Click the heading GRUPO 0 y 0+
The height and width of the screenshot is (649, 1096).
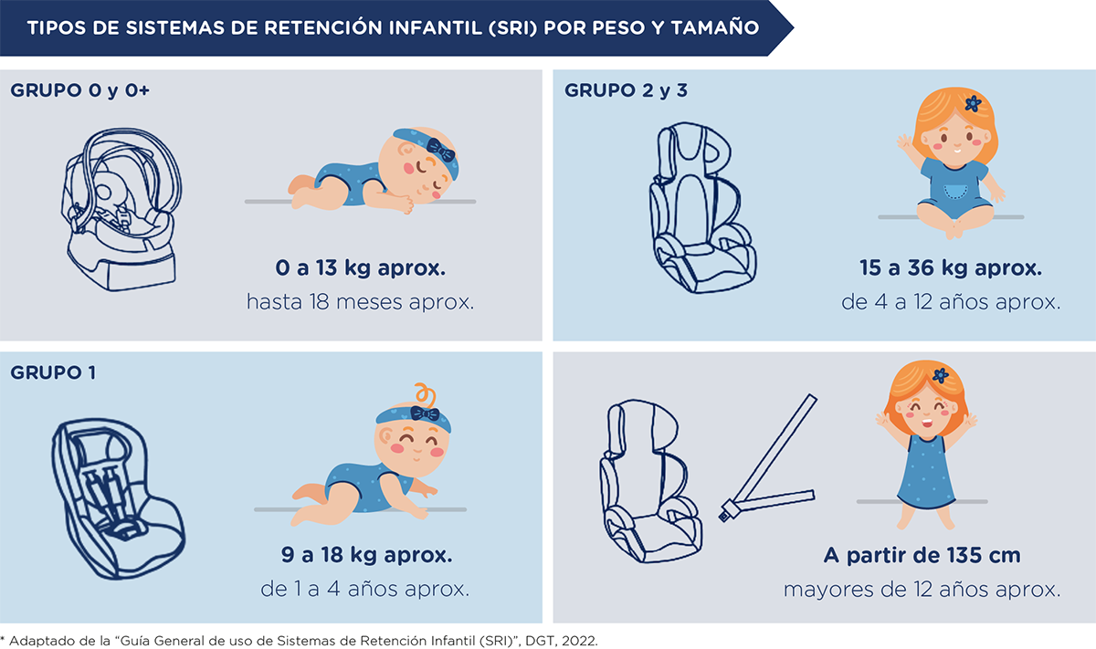click(x=79, y=90)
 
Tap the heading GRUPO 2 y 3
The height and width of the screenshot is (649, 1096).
click(x=626, y=90)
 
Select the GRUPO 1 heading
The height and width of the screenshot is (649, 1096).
click(x=53, y=372)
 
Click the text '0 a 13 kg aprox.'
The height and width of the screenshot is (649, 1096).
click(x=360, y=268)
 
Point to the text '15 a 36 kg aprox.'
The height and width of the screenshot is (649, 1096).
click(x=951, y=268)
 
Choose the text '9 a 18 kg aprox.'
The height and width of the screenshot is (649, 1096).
click(x=366, y=555)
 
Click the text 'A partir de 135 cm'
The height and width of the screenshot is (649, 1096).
click(x=922, y=556)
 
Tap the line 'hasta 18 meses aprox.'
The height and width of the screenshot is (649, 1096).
click(x=360, y=302)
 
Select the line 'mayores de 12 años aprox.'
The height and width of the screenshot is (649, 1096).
click(x=922, y=590)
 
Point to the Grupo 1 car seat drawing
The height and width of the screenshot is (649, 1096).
click(x=119, y=499)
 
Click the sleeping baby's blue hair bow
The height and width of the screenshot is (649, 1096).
click(x=441, y=150)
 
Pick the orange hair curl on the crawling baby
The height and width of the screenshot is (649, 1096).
click(x=426, y=394)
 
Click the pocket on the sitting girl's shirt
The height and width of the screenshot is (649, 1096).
click(x=954, y=191)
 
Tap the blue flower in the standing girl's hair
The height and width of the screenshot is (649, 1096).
click(x=941, y=375)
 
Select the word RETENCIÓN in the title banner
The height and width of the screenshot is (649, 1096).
click(x=324, y=27)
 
